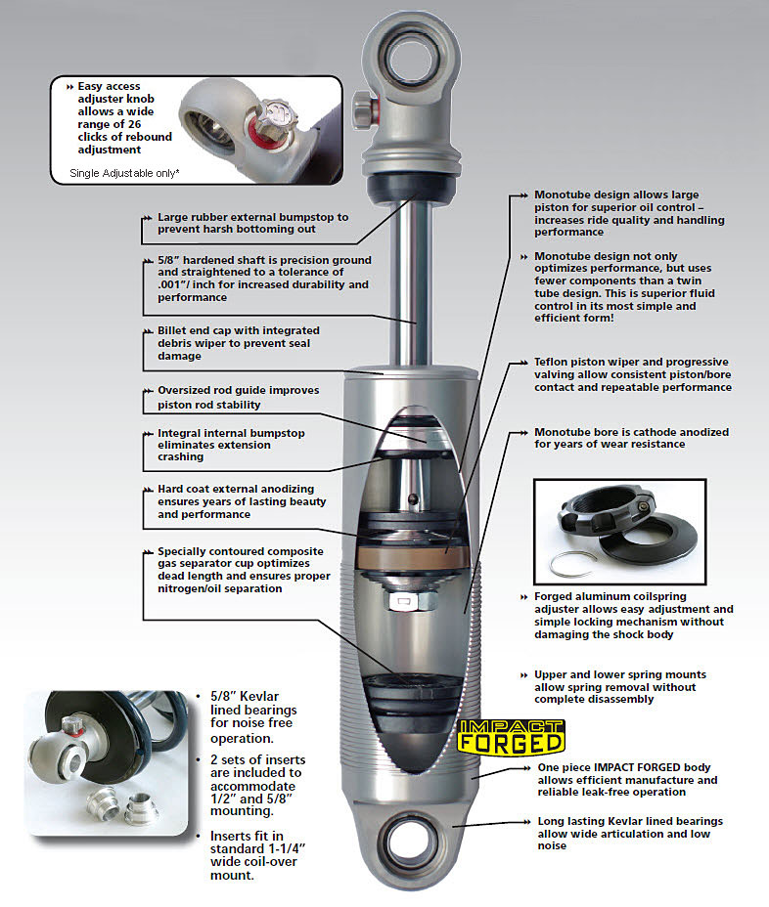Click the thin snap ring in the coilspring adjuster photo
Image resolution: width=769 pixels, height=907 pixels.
coord(572,561)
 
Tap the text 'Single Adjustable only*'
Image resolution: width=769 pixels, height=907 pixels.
coord(125,173)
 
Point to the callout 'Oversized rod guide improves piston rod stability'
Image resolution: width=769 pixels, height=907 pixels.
coord(238,397)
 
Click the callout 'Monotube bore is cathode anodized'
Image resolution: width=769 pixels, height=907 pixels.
coord(631,438)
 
